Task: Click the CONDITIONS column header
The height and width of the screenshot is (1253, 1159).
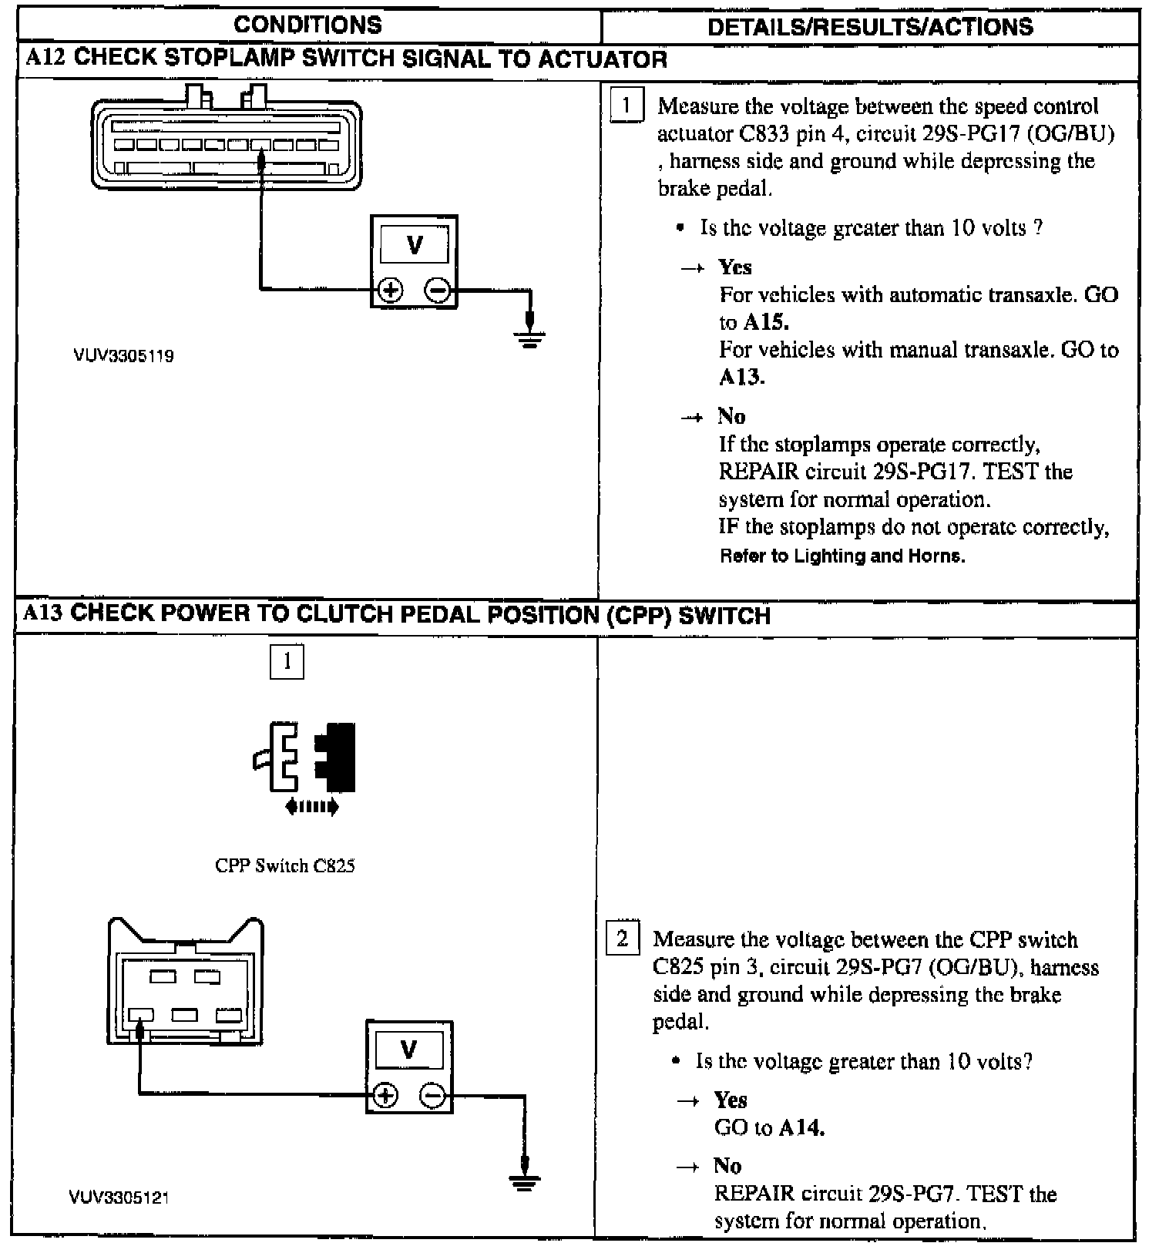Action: pos(307,25)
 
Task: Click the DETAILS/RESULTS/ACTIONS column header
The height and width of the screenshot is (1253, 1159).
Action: pos(870,27)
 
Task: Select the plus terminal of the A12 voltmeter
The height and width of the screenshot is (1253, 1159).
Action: pos(391,291)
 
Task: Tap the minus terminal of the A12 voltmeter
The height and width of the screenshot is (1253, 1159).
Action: pos(438,291)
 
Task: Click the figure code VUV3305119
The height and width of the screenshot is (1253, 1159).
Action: pos(123,356)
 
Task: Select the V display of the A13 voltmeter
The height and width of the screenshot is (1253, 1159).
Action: pos(409,1049)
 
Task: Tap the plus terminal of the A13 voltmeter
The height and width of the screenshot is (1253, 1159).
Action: pos(385,1095)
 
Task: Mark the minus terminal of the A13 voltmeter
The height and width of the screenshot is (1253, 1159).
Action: pos(433,1095)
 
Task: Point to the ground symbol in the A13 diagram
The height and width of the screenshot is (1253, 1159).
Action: pos(524,1181)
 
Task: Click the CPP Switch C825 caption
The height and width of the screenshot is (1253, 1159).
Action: pos(285,865)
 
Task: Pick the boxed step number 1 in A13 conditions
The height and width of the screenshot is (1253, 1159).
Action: pos(287,661)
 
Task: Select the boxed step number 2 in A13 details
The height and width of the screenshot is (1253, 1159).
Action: pos(622,939)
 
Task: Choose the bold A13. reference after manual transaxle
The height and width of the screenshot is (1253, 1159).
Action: pos(741,377)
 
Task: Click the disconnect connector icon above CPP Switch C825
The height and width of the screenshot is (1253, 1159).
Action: pos(304,757)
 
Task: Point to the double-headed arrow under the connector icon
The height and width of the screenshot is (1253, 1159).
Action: pos(311,807)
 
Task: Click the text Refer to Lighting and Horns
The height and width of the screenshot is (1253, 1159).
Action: pos(842,556)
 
